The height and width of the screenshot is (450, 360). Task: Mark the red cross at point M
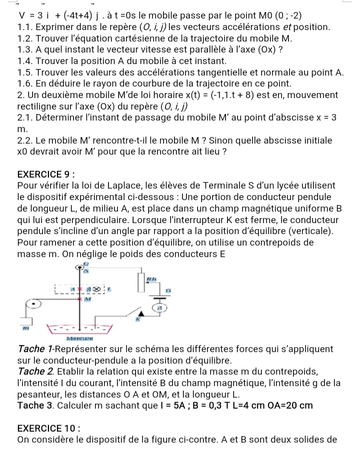tap(78, 299)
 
